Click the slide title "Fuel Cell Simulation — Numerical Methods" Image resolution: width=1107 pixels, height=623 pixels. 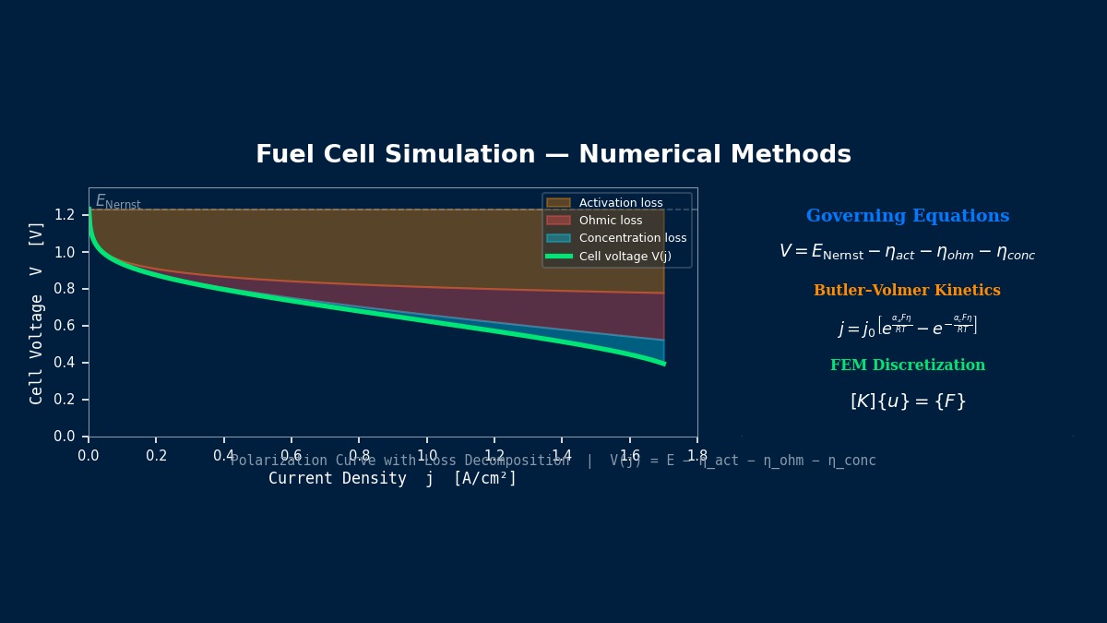[x=553, y=155]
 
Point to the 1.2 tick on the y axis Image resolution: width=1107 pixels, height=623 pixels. [x=64, y=215]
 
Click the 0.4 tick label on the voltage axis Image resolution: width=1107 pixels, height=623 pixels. [x=64, y=363]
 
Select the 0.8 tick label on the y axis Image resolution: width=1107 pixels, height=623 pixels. [x=64, y=289]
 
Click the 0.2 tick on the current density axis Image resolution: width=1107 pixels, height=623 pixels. [x=156, y=456]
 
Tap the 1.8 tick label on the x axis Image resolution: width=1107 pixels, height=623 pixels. [x=696, y=456]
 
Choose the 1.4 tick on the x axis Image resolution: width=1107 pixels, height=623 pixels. [x=561, y=456]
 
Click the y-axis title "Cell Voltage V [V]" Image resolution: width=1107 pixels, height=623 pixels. [x=37, y=312]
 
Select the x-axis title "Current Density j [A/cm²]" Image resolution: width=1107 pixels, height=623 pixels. [x=393, y=479]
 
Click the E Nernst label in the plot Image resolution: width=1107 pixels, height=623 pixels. [x=118, y=202]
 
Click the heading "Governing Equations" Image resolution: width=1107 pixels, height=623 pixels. [x=908, y=217]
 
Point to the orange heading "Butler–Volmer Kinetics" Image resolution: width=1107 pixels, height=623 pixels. [x=907, y=291]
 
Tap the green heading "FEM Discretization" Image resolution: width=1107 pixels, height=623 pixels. [x=908, y=365]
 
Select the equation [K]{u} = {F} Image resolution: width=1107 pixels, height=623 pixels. [x=908, y=401]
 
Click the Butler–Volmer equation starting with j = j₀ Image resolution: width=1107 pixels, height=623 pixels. [x=908, y=327]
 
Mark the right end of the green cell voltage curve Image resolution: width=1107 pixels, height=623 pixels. [x=663, y=364]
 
